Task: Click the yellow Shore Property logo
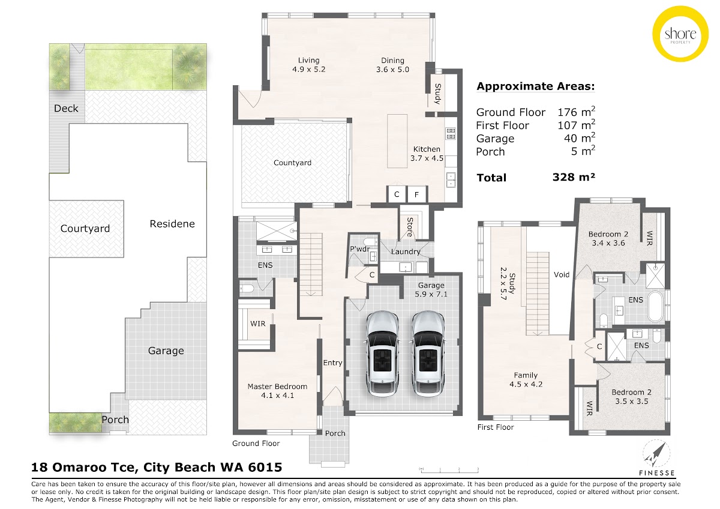[x=680, y=34]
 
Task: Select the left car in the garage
[x=382, y=353]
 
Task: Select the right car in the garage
[x=428, y=353]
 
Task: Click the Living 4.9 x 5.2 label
[x=308, y=65]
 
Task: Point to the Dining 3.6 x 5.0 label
[x=392, y=65]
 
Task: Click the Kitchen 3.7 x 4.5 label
[x=427, y=154]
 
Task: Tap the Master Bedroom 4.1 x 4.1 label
[x=277, y=391]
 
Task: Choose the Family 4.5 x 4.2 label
[x=526, y=379]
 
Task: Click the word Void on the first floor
[x=562, y=274]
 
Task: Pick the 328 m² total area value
[x=574, y=177]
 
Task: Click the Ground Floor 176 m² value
[x=577, y=112]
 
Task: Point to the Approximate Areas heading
[x=535, y=86]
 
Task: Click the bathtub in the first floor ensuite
[x=656, y=307]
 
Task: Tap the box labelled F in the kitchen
[x=417, y=194]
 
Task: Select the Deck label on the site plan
[x=66, y=109]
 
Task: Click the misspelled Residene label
[x=172, y=224]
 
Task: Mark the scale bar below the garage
[x=449, y=470]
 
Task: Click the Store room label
[x=410, y=227]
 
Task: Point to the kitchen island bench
[x=397, y=141]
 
